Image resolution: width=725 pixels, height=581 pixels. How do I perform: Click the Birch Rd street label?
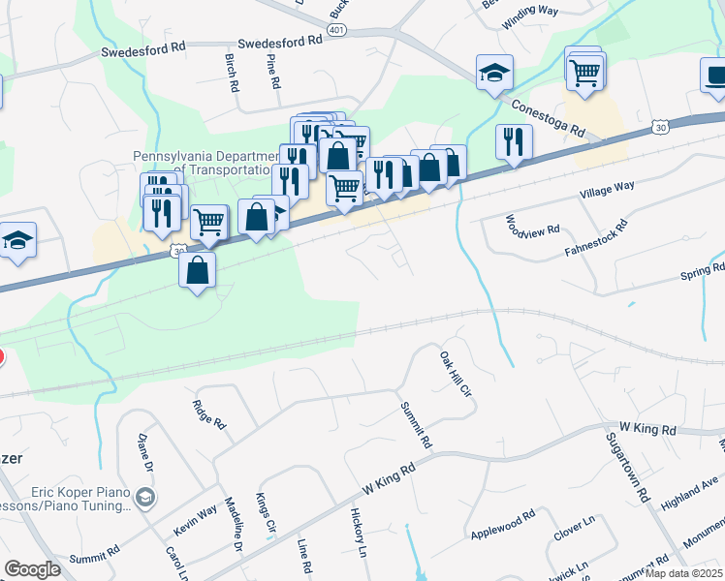tap(233, 72)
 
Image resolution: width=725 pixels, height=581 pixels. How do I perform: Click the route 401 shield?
tap(336, 30)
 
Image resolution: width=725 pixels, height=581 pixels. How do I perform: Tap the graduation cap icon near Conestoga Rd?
tap(494, 73)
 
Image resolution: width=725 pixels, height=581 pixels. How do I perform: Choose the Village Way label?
tap(606, 191)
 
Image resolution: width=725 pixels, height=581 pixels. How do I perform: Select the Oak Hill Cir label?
tap(455, 376)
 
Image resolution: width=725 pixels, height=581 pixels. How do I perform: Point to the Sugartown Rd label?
tap(626, 465)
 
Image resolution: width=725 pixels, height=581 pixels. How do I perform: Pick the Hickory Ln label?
tap(359, 533)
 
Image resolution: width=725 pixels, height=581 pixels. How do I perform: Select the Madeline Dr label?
tap(233, 524)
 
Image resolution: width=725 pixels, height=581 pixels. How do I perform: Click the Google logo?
tap(32, 569)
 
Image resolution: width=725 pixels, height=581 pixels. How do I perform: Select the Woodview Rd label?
tap(532, 229)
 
